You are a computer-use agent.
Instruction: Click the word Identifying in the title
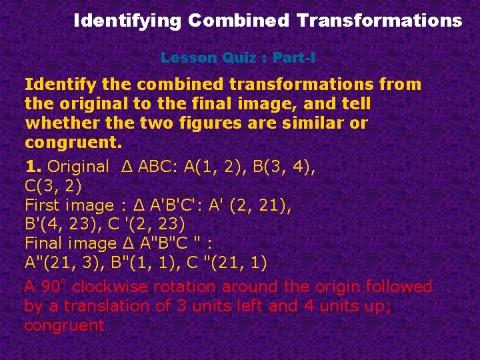127,21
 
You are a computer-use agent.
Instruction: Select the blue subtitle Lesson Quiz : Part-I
238,57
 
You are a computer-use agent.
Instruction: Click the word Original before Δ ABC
79,167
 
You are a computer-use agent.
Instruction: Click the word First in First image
41,205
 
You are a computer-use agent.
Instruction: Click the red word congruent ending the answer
64,325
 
